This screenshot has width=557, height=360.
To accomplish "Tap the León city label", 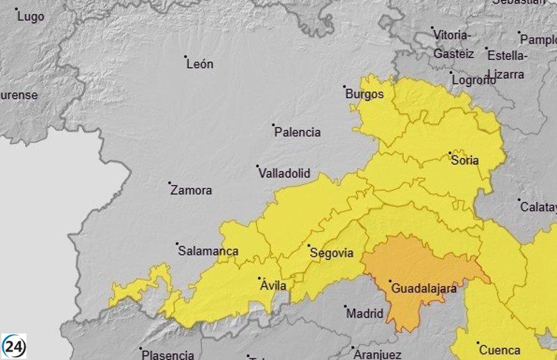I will [x=200, y=64].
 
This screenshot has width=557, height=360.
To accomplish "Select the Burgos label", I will [x=365, y=94].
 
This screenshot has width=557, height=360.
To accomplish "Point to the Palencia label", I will [x=297, y=132].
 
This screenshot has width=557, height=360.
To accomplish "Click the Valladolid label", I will [x=284, y=173].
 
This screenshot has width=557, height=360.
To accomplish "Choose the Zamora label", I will [x=191, y=190].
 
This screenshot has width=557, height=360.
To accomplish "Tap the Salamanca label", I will [x=208, y=251].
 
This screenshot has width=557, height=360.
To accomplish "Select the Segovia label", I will [x=331, y=253].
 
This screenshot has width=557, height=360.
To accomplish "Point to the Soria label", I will [x=465, y=160].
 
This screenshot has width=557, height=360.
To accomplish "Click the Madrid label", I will [x=365, y=313].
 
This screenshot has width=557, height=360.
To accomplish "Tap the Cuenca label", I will [x=499, y=350].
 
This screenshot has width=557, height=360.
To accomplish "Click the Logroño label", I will [x=474, y=80].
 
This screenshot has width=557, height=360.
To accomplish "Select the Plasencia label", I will [x=168, y=354].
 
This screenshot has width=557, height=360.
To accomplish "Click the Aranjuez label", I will [x=377, y=354].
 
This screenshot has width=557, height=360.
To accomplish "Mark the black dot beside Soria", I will [x=450, y=152].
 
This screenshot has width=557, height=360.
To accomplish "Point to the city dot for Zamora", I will [x=170, y=183].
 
